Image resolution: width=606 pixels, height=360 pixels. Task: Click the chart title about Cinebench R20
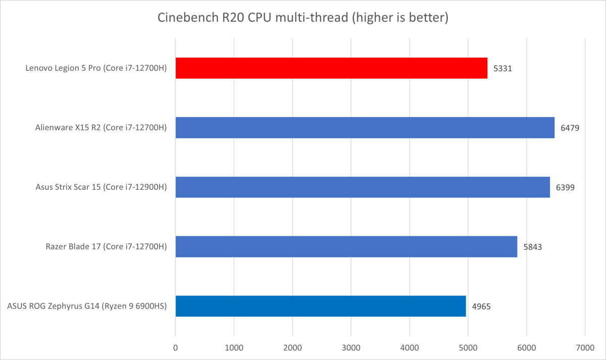pyautogui.click(x=303, y=18)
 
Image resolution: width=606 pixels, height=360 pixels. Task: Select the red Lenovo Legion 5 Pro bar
pyautogui.click(x=331, y=68)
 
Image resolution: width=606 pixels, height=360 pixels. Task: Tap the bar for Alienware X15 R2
pyautogui.click(x=365, y=128)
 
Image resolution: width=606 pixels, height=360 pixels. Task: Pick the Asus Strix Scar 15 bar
pyautogui.click(x=363, y=187)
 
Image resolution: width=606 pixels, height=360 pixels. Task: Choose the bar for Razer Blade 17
pyautogui.click(x=346, y=246)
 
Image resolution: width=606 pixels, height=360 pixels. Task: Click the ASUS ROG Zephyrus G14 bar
pyautogui.click(x=320, y=306)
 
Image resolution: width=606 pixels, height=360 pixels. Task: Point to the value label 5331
pyautogui.click(x=502, y=68)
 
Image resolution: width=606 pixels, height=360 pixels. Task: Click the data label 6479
pyautogui.click(x=570, y=128)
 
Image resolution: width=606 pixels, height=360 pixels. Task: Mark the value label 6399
pyautogui.click(x=565, y=187)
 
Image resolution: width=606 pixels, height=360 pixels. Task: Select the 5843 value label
pyautogui.click(x=533, y=246)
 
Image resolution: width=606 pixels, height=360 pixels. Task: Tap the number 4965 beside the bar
pyautogui.click(x=481, y=306)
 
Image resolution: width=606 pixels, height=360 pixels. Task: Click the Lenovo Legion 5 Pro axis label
pyautogui.click(x=96, y=68)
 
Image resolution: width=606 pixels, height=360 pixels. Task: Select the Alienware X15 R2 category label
pyautogui.click(x=100, y=128)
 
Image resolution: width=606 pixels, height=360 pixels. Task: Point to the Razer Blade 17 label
pyautogui.click(x=107, y=246)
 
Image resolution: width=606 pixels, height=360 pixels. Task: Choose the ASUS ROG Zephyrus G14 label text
pyautogui.click(x=87, y=306)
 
